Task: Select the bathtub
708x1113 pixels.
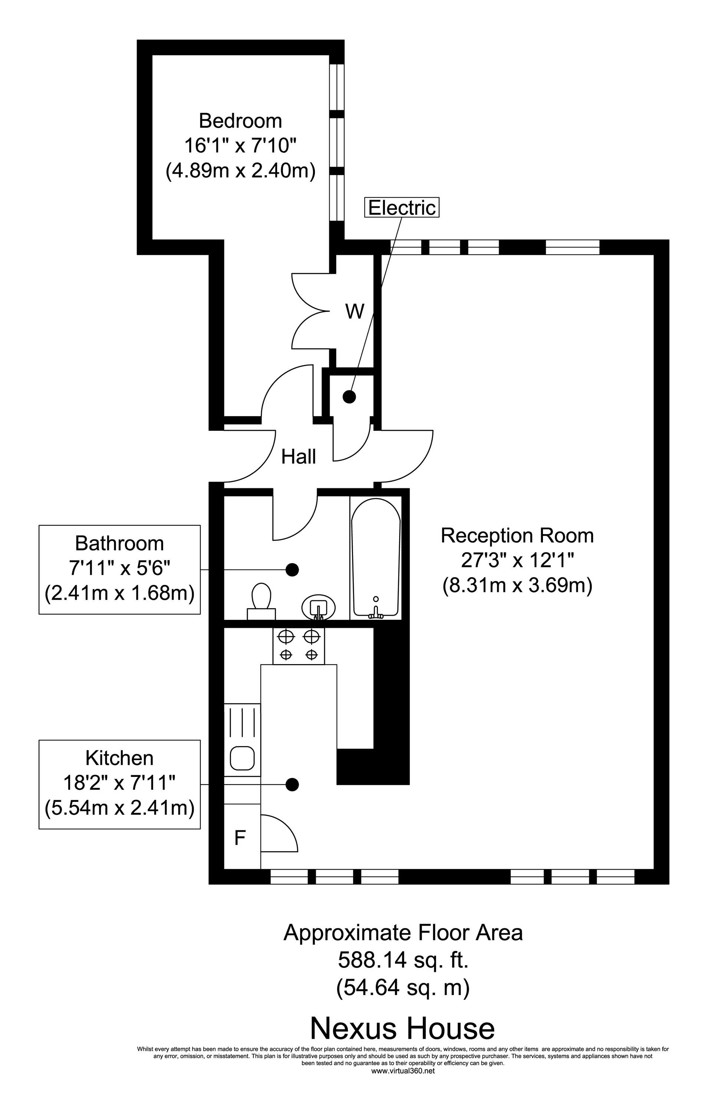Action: (x=376, y=558)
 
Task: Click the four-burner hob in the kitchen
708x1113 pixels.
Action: (x=299, y=646)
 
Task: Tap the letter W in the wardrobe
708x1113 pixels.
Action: (x=355, y=312)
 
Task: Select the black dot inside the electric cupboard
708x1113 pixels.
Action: (x=349, y=396)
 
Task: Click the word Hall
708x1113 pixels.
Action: (x=299, y=457)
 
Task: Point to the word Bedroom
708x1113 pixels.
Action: (x=240, y=121)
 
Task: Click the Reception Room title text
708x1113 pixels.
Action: (x=517, y=535)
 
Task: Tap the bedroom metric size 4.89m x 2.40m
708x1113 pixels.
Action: (x=240, y=171)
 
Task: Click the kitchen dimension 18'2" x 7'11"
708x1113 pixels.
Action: (x=119, y=783)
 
